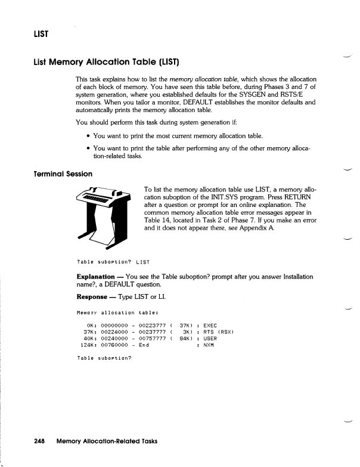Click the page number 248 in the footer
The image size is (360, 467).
(x=40, y=441)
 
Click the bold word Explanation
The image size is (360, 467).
(x=95, y=277)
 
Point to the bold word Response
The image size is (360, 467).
(x=93, y=297)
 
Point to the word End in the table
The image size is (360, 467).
(x=144, y=345)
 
